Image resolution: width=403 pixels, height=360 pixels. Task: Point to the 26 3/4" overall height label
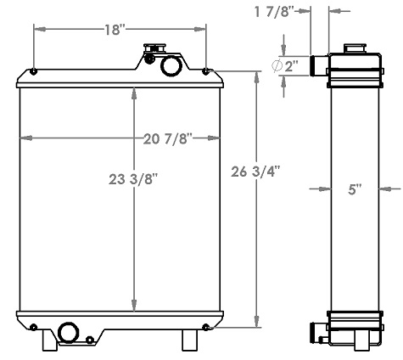click(x=255, y=172)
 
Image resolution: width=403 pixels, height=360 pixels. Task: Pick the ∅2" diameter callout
click(x=286, y=65)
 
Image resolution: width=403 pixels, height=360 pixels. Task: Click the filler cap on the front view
click(x=154, y=52)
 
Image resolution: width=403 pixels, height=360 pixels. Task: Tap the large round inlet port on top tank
click(x=170, y=65)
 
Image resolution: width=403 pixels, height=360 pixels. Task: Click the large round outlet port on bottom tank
click(x=68, y=332)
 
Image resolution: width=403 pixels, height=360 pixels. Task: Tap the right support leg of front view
click(x=188, y=340)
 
